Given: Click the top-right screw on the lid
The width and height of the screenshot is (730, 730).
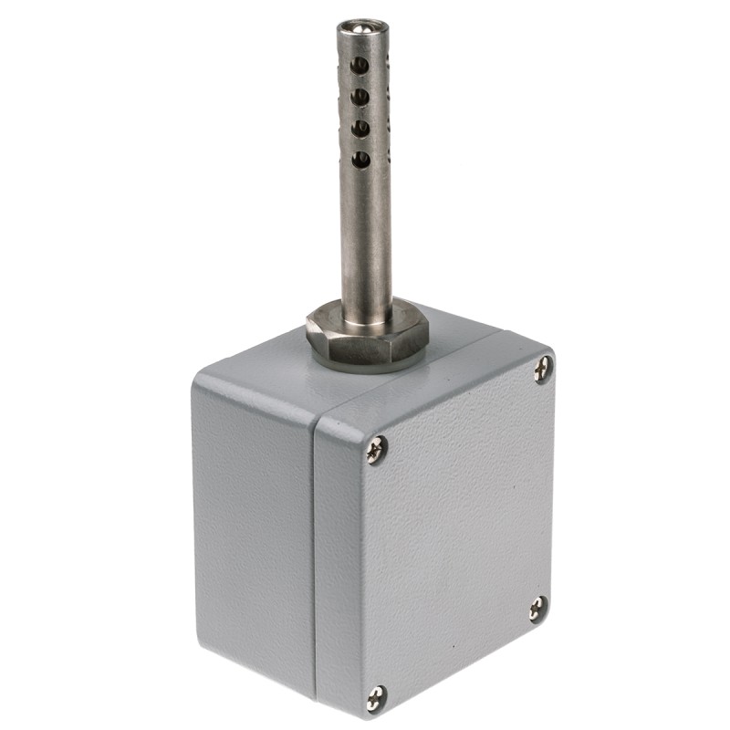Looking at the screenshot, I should [543, 370].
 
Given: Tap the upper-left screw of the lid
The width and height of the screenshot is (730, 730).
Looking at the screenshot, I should [376, 449].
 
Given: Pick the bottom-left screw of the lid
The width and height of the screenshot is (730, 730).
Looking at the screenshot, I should [376, 698].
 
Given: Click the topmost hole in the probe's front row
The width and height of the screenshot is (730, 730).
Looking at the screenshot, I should [361, 65].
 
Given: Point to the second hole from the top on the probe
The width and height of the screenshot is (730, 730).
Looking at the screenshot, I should [361, 95].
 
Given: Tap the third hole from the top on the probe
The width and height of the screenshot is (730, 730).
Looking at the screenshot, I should [361, 127].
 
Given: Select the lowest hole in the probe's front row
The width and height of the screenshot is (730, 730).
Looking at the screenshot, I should [361, 159].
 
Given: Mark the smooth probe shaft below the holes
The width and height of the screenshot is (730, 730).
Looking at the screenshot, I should [367, 237].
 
